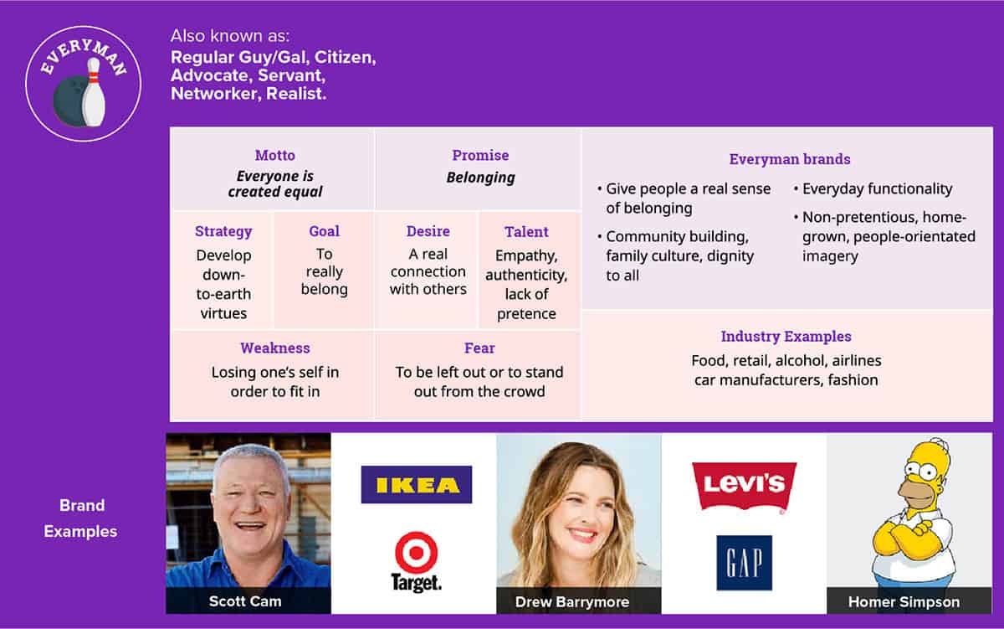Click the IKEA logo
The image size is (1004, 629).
(417, 485)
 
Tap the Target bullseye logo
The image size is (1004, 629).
(417, 562)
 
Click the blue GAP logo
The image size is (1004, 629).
(744, 563)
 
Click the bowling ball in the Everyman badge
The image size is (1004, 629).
(72, 101)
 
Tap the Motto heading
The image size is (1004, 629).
(275, 155)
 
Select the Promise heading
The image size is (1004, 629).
(480, 155)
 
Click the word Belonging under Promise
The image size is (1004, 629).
(480, 178)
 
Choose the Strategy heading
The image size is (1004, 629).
(223, 231)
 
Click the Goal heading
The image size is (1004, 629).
(324, 231)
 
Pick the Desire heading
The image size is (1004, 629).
(428, 231)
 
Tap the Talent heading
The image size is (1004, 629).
(526, 231)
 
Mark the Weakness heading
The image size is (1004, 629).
(275, 348)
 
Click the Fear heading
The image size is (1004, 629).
(479, 348)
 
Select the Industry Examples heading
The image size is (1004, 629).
(786, 337)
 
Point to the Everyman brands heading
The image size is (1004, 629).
(790, 159)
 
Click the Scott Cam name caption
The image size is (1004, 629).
(245, 601)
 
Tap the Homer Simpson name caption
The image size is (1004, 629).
(904, 601)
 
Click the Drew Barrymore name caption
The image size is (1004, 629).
(572, 601)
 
